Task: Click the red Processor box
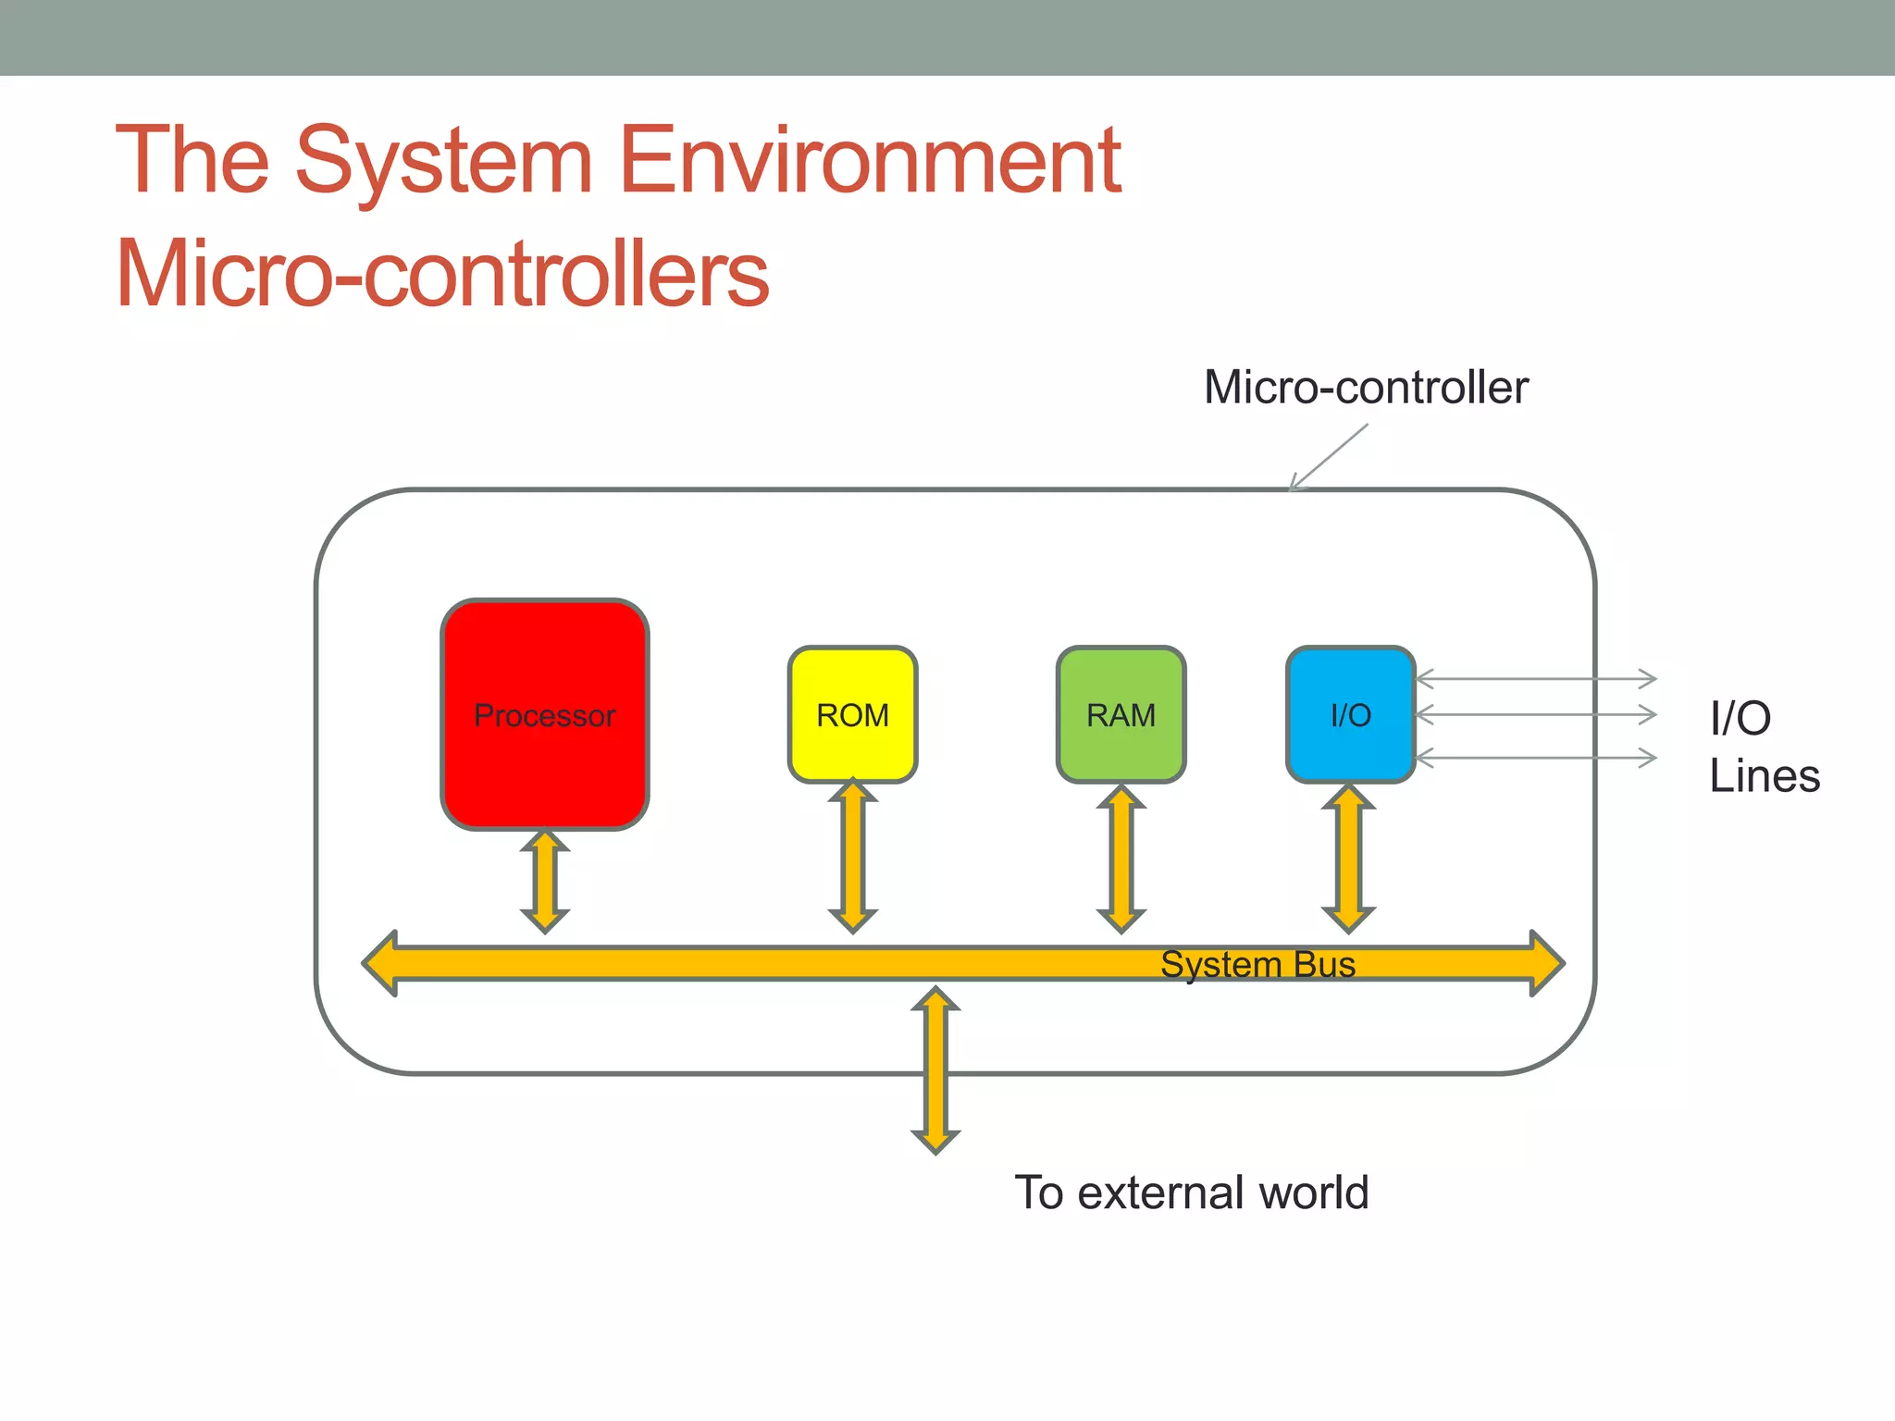point(544,714)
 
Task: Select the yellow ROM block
point(852,714)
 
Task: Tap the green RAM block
point(1121,714)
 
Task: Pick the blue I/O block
point(1350,714)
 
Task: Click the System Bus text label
point(1257,964)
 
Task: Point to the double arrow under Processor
point(545,881)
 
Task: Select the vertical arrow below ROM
point(852,857)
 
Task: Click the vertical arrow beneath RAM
point(1121,859)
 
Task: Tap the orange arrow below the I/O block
point(1348,859)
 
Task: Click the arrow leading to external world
point(935,1070)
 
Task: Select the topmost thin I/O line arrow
point(1536,678)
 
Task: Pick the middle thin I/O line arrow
point(1536,714)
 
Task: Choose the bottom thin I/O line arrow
point(1536,758)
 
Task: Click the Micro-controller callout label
point(1366,387)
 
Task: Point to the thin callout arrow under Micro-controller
point(1328,457)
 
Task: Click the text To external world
point(1191,1192)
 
